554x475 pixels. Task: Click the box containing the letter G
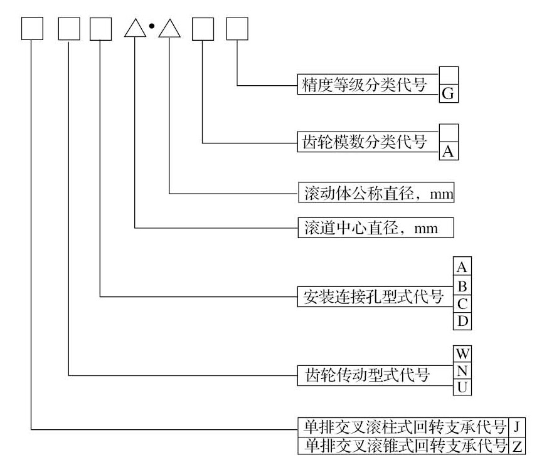pyautogui.click(x=449, y=93)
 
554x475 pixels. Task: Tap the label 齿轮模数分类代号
pyautogui.click(x=368, y=142)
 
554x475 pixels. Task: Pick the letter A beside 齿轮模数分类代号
pyautogui.click(x=449, y=151)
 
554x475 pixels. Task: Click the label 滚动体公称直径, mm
pyautogui.click(x=375, y=193)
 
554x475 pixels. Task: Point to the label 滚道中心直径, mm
pyautogui.click(x=375, y=227)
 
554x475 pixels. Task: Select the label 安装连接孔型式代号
pyautogui.click(x=375, y=296)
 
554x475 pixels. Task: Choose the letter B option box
pyautogui.click(x=462, y=286)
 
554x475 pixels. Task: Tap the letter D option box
pyautogui.click(x=462, y=321)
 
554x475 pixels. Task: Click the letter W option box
pyautogui.click(x=462, y=354)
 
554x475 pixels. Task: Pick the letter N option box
pyautogui.click(x=462, y=370)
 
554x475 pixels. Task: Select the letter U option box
pyautogui.click(x=462, y=387)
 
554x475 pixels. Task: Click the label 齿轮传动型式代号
pyautogui.click(x=375, y=375)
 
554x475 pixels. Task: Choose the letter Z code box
pyautogui.click(x=517, y=446)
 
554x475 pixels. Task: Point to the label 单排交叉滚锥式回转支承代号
pyautogui.click(x=402, y=446)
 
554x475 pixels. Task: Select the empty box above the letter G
pyautogui.click(x=449, y=75)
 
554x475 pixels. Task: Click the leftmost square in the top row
pyautogui.click(x=32, y=29)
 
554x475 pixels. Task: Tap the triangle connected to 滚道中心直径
pyautogui.click(x=136, y=29)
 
